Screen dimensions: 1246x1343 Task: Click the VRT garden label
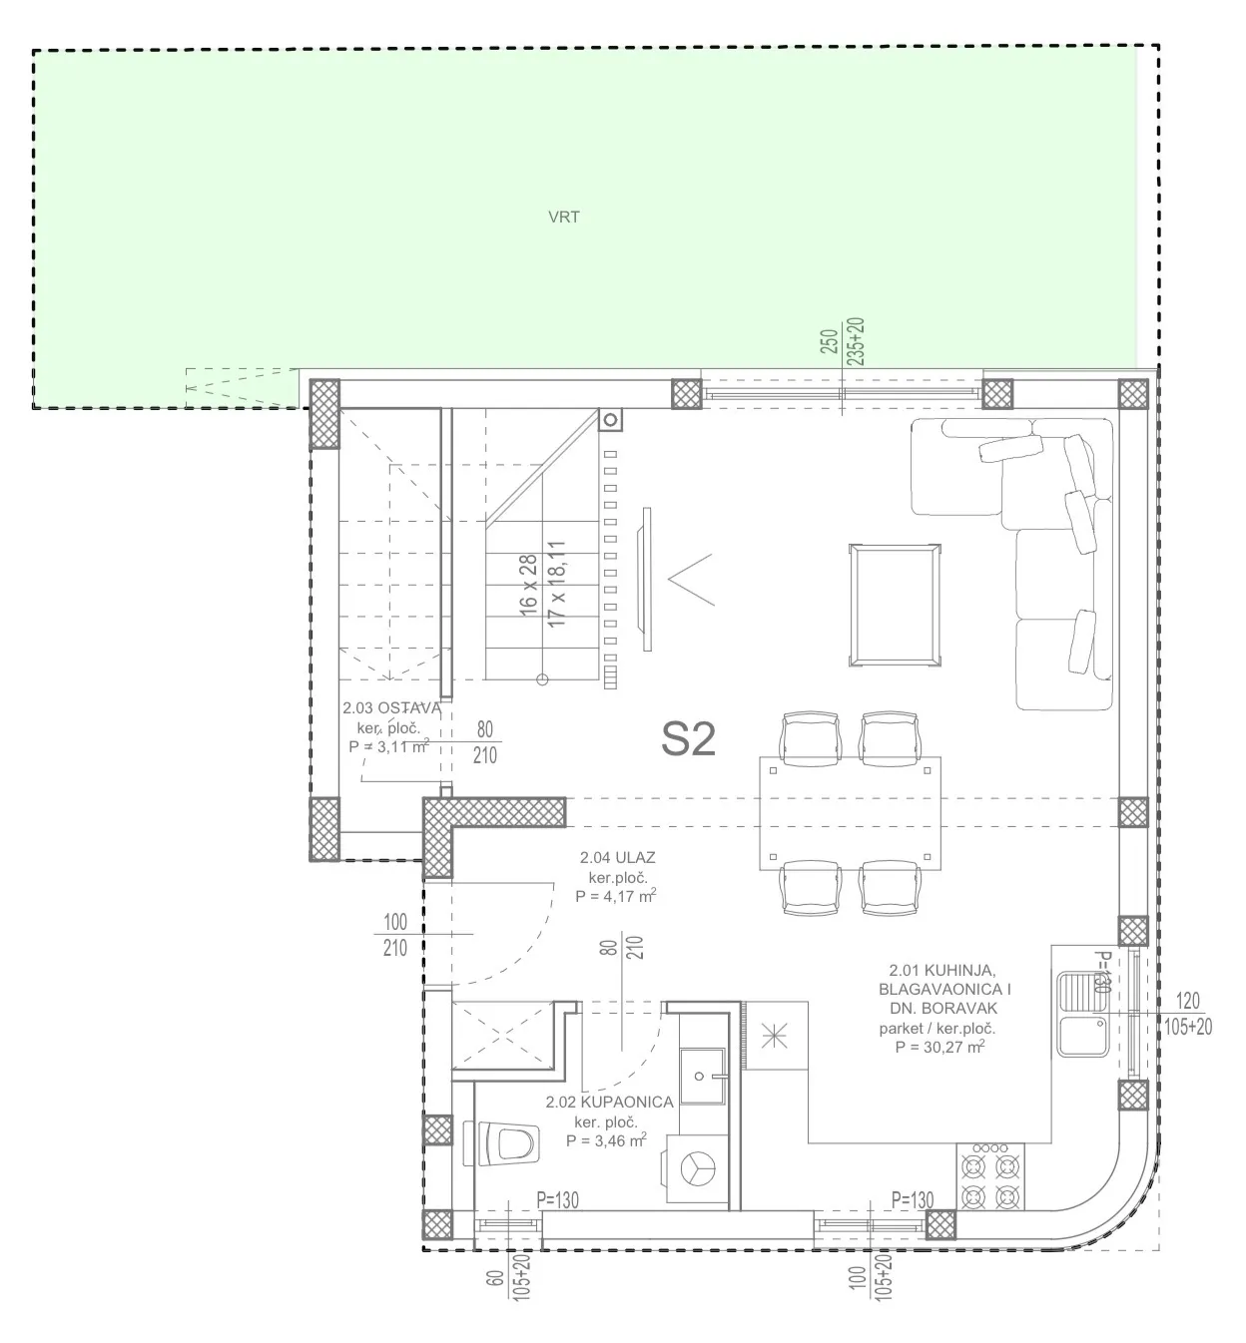tap(563, 218)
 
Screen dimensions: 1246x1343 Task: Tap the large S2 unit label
tap(688, 738)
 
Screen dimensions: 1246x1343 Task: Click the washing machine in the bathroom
tap(697, 1168)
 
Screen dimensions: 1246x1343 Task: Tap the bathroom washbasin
tap(702, 1076)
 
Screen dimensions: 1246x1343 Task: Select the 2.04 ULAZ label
tap(617, 857)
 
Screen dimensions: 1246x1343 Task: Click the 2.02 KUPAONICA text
tap(610, 1102)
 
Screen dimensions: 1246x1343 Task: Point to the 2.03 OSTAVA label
tap(391, 708)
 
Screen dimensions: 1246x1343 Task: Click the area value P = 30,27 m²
tap(939, 1047)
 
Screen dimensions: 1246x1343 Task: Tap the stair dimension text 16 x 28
tap(528, 585)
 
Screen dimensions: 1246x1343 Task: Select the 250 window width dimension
tap(829, 341)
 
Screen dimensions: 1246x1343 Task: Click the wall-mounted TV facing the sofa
tap(647, 579)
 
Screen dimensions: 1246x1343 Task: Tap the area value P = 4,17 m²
tap(615, 896)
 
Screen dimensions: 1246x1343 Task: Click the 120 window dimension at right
tap(1187, 1000)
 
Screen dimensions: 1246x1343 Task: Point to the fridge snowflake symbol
tap(775, 1036)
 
